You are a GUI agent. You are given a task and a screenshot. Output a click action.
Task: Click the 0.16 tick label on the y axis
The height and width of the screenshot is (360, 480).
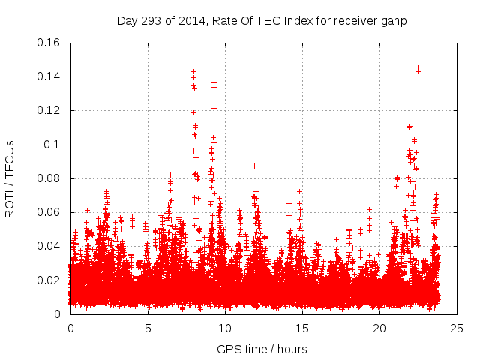click(x=49, y=43)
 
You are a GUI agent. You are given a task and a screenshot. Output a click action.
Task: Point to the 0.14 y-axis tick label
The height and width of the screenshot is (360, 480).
click(x=49, y=76)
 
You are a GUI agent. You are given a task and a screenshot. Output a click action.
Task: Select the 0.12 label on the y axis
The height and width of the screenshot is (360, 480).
click(x=49, y=110)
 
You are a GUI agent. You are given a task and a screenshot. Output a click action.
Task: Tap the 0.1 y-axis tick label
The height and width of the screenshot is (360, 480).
click(x=52, y=145)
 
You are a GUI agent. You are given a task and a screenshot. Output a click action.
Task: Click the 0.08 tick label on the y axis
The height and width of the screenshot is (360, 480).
click(x=49, y=178)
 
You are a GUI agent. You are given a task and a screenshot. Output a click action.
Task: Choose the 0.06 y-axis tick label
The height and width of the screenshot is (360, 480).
click(x=49, y=212)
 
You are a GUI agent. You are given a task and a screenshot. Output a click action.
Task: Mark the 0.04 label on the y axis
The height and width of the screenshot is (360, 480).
click(x=49, y=246)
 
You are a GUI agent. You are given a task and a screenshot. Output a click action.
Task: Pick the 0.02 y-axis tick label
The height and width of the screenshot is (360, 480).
click(x=49, y=280)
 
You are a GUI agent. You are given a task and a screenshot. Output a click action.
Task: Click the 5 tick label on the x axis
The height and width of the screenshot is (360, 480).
click(x=148, y=328)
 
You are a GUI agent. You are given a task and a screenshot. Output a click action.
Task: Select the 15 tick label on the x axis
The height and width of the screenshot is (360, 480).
click(x=302, y=328)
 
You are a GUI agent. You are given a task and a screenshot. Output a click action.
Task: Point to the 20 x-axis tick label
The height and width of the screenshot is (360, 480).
click(x=379, y=328)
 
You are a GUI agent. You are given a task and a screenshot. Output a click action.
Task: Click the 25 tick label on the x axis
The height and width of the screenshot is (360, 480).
click(x=457, y=328)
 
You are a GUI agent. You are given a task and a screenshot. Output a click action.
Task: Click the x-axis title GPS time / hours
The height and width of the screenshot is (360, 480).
click(x=262, y=349)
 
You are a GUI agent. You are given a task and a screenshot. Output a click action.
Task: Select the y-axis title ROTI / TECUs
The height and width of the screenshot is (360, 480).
click(x=10, y=178)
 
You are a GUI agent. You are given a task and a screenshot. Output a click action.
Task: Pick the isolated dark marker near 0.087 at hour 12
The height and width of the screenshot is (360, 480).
click(x=254, y=166)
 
